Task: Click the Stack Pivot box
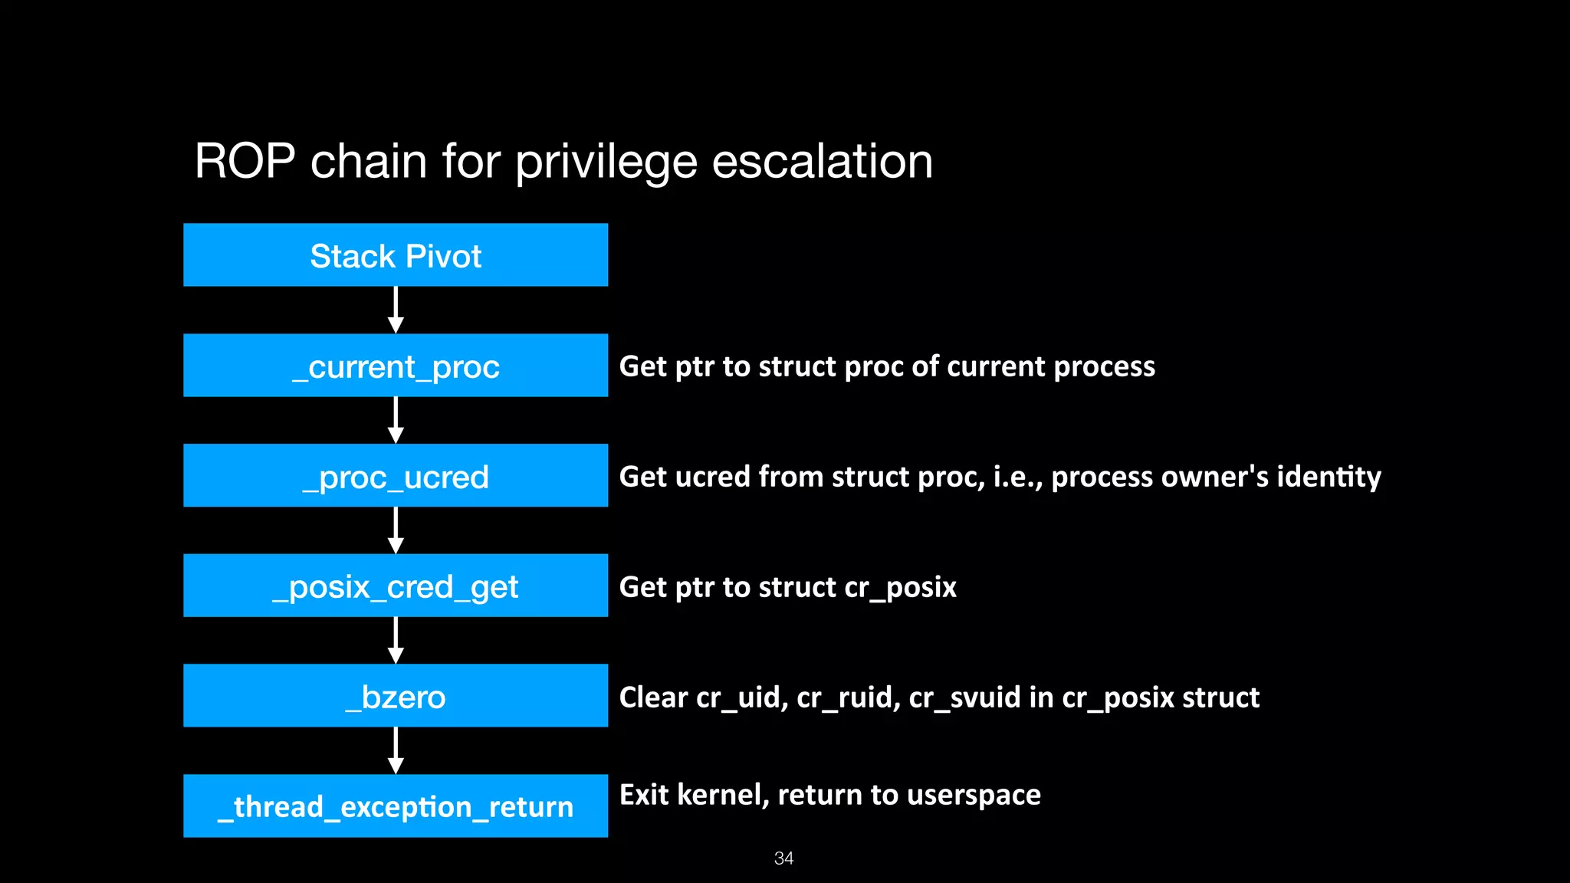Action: pos(396,255)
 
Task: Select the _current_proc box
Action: pos(396,366)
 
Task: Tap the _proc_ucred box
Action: pos(396,476)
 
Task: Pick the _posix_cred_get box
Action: pos(396,586)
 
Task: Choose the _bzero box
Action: pos(396,696)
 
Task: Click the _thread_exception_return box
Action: pos(396,806)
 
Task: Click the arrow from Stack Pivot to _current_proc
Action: pos(396,310)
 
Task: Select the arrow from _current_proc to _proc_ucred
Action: pos(396,420)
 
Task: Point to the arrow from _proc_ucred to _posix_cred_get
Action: pos(396,530)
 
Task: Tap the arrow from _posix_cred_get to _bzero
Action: pos(396,640)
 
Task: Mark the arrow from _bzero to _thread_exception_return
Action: pos(396,750)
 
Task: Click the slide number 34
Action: pos(783,858)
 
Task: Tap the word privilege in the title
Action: pos(606,162)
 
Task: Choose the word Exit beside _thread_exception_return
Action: pos(644,795)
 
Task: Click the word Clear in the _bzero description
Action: pos(653,698)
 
